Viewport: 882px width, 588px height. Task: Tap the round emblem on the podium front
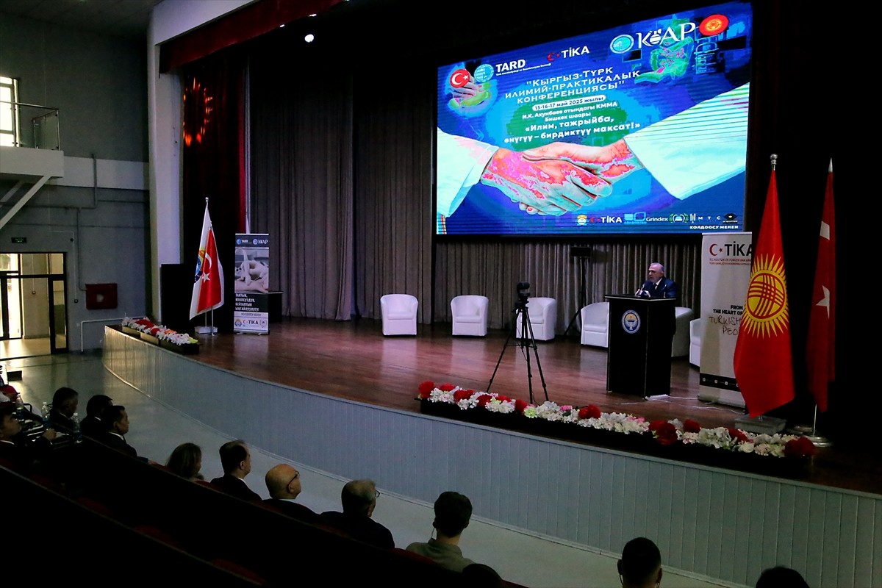pos(631,321)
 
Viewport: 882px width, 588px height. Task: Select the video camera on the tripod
pos(523,293)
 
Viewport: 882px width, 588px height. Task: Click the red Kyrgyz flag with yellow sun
pos(764,301)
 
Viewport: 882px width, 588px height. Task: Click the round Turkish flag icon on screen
pos(460,78)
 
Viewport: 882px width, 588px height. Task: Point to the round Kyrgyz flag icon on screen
pos(713,25)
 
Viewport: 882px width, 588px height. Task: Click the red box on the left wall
pos(101,295)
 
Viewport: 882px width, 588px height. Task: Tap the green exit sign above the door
pos(19,240)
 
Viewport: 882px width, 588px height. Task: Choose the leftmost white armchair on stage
pos(398,315)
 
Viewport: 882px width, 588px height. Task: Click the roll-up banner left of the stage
pos(251,284)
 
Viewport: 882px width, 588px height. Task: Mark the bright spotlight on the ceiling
pos(309,37)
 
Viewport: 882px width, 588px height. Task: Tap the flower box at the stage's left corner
pos(160,334)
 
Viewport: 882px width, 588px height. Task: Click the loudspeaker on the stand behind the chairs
pos(581,252)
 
